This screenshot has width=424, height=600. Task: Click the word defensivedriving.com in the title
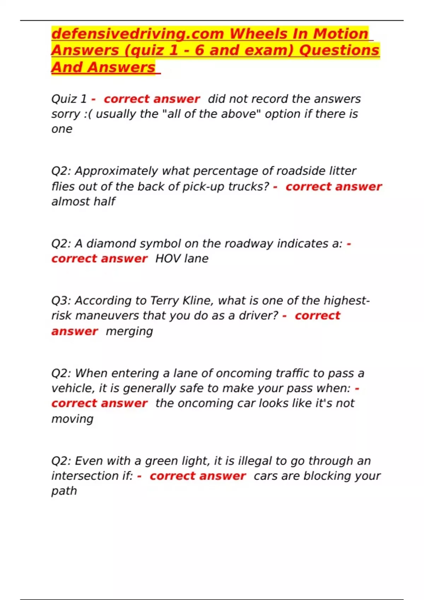138,34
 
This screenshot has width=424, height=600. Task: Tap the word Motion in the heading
341,34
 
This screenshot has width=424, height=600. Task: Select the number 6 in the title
199,50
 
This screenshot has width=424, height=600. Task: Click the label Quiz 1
69,99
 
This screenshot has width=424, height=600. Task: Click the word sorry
66,114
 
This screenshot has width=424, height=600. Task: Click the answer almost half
83,202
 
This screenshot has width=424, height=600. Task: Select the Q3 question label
61,301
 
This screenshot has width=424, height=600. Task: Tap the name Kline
198,301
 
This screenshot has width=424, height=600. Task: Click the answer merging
129,331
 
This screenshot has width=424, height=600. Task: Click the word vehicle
73,388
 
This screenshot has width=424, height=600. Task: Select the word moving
72,419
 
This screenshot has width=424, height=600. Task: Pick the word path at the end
64,491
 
